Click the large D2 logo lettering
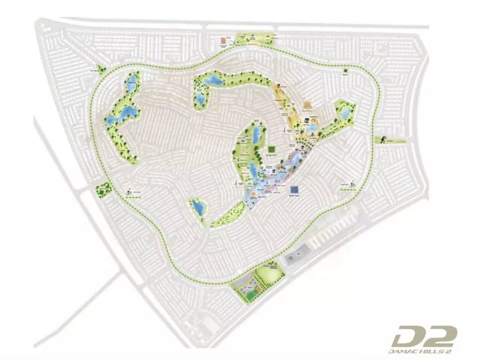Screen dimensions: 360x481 [424, 335]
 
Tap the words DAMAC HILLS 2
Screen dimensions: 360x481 [425, 349]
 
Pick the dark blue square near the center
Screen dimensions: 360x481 [292, 189]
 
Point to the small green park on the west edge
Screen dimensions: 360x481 [101, 189]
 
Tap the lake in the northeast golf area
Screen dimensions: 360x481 [344, 113]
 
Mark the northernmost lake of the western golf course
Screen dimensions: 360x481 [132, 80]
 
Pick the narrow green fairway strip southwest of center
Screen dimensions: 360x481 [222, 217]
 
